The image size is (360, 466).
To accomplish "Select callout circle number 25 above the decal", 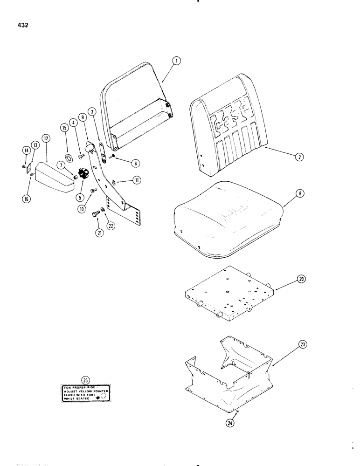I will pos(84,379).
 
